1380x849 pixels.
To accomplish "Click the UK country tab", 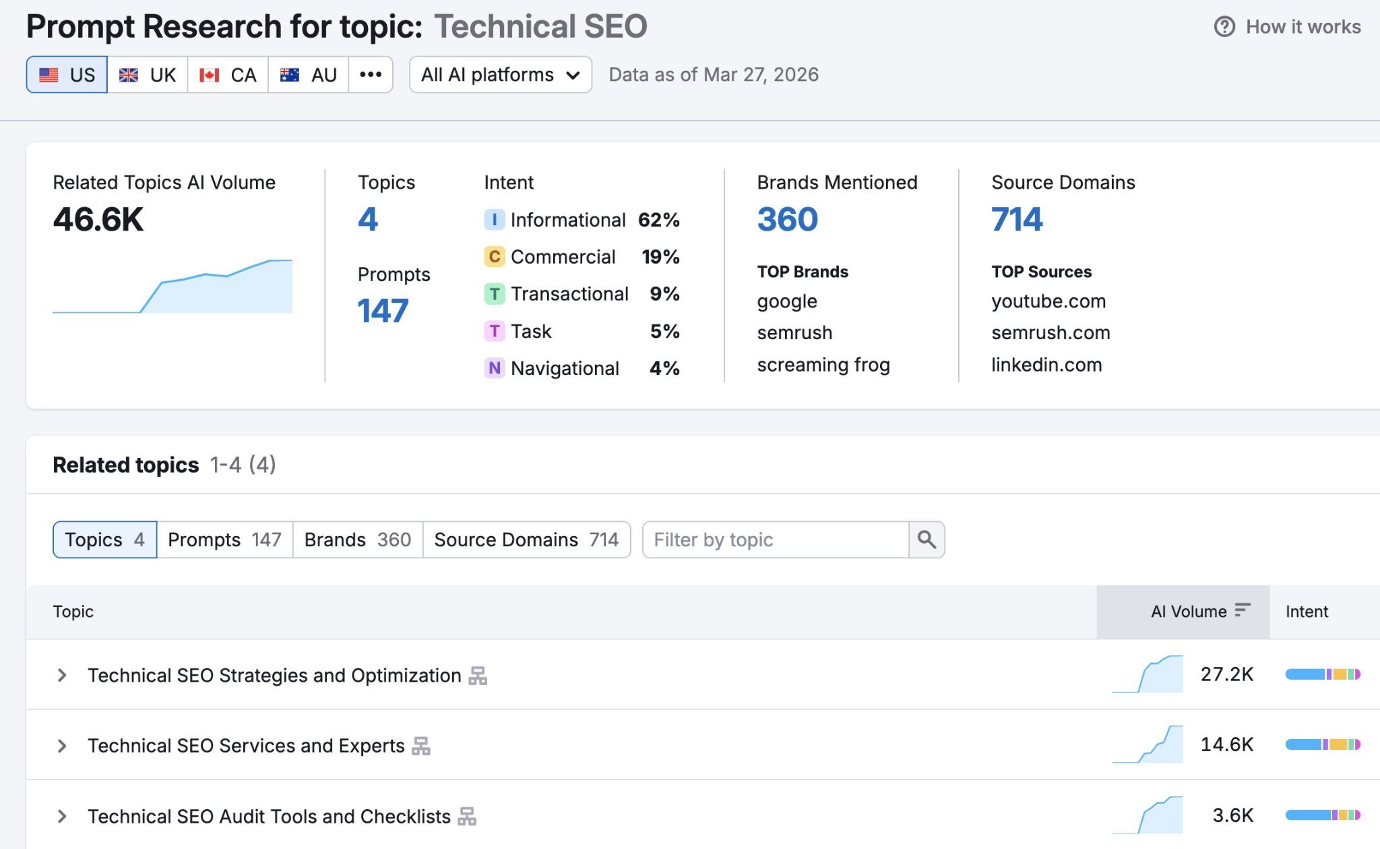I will pyautogui.click(x=148, y=75).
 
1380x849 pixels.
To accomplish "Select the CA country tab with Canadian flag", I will pyautogui.click(x=228, y=75).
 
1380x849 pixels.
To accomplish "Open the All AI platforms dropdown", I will pyautogui.click(x=500, y=75).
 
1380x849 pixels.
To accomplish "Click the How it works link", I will pyautogui.click(x=1287, y=27).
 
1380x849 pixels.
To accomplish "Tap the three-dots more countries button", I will pyautogui.click(x=371, y=75).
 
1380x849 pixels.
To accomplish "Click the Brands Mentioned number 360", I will pyautogui.click(x=787, y=219).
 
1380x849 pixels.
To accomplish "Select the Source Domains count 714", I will pyautogui.click(x=1016, y=219).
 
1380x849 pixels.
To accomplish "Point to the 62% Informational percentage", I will pyautogui.click(x=658, y=220).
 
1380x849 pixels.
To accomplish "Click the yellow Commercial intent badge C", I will pyautogui.click(x=494, y=257).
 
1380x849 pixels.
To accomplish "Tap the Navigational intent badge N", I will pyautogui.click(x=494, y=368).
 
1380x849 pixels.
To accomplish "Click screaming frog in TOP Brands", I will pyautogui.click(x=823, y=365).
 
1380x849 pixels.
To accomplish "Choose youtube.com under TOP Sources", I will pyautogui.click(x=1048, y=301).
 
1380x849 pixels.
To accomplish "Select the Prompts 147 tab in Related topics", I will pyautogui.click(x=224, y=539).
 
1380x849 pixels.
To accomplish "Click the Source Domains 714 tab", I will pyautogui.click(x=526, y=539).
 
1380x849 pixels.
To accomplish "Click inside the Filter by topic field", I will pyautogui.click(x=775, y=539).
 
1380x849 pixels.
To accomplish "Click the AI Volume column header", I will pyautogui.click(x=1189, y=612).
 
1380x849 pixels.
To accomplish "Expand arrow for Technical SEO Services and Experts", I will pyautogui.click(x=62, y=746).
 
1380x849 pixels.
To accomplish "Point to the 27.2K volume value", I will pyautogui.click(x=1226, y=674).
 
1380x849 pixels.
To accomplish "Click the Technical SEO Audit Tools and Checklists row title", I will pyautogui.click(x=269, y=817).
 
